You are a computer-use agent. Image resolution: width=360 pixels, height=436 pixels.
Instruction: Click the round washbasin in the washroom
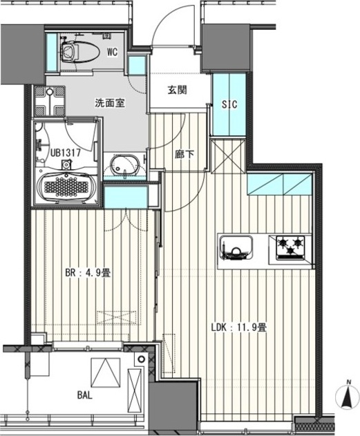coord(125,167)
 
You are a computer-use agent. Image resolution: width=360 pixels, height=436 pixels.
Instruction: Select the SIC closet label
coord(229,104)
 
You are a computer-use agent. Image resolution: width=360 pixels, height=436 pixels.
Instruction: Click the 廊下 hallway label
coord(183,153)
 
